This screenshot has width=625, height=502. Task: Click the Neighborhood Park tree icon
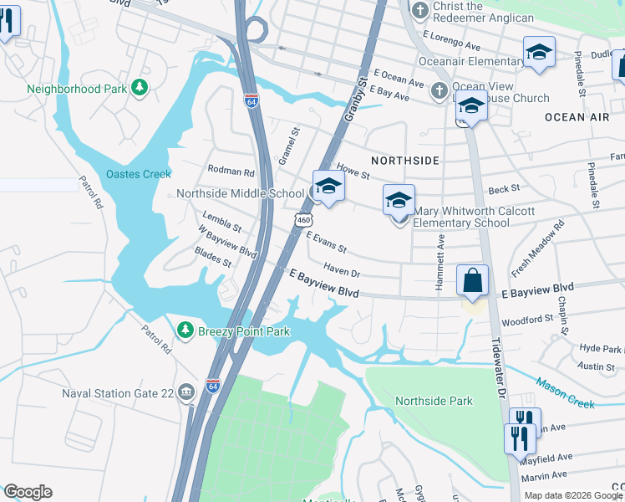click(141, 87)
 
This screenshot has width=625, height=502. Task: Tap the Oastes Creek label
click(138, 174)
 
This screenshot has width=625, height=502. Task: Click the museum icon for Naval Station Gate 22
click(185, 392)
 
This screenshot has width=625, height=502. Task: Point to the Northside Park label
click(434, 401)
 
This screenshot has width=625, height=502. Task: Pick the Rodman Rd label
click(231, 172)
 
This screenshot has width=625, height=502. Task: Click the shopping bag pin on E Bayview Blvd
click(472, 280)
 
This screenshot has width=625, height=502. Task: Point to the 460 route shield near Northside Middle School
click(303, 218)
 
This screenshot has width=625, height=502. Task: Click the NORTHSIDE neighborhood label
click(405, 159)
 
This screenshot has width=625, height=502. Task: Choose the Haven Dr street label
click(341, 272)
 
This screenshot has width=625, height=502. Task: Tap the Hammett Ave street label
click(440, 262)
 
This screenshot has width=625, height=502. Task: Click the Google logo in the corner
click(28, 492)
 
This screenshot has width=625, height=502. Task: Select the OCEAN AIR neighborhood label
click(577, 117)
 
